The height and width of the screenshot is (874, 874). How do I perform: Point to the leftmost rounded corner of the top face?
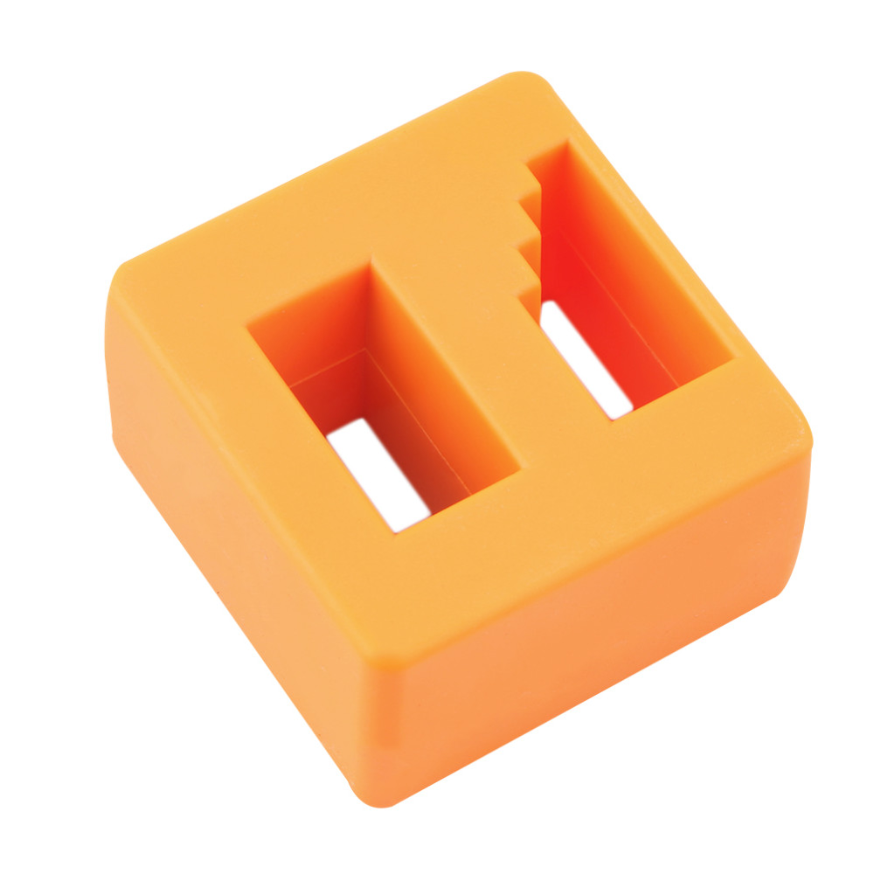122,275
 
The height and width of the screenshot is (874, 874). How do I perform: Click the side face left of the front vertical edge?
227,524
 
